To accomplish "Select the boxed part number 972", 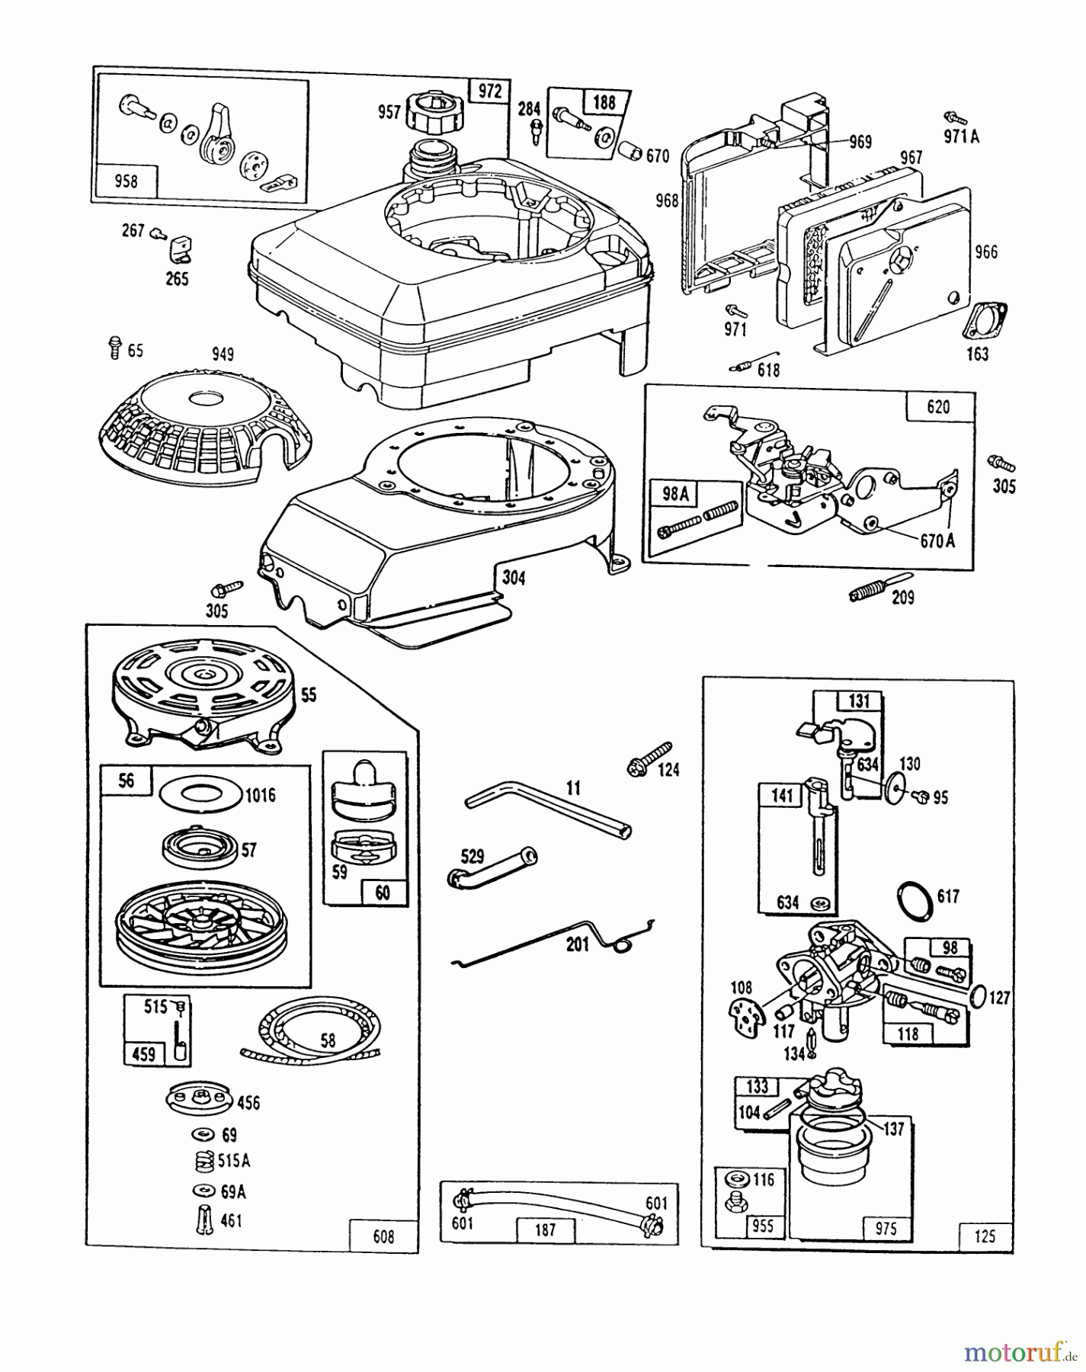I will (489, 91).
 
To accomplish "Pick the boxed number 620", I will (939, 407).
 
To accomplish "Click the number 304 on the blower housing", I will (514, 579).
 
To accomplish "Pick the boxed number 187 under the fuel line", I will (546, 1229).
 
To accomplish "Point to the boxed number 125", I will (985, 1236).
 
